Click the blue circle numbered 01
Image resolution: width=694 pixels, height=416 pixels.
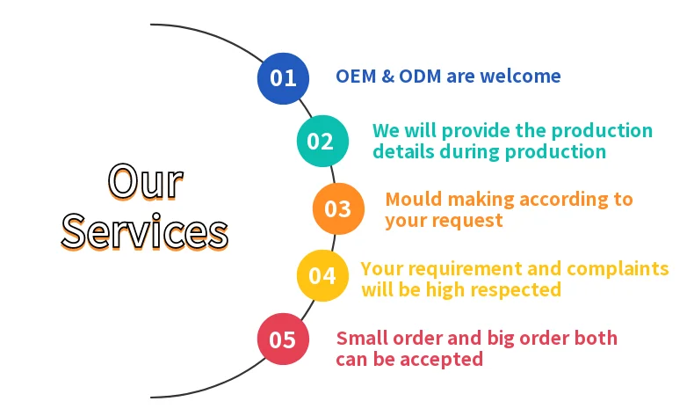pyautogui.click(x=283, y=77)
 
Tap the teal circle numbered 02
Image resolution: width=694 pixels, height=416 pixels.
pyautogui.click(x=322, y=142)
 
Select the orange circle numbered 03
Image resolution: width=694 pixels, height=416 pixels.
pyautogui.click(x=338, y=208)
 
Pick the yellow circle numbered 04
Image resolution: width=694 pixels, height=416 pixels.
pyautogui.click(x=322, y=275)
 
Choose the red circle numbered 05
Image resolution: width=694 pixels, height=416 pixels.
pyautogui.click(x=283, y=339)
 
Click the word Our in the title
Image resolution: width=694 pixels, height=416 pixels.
pyautogui.click(x=146, y=182)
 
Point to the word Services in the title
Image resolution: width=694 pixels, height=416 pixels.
pyautogui.click(x=145, y=232)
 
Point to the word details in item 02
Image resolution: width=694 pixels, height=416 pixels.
pyautogui.click(x=401, y=151)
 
